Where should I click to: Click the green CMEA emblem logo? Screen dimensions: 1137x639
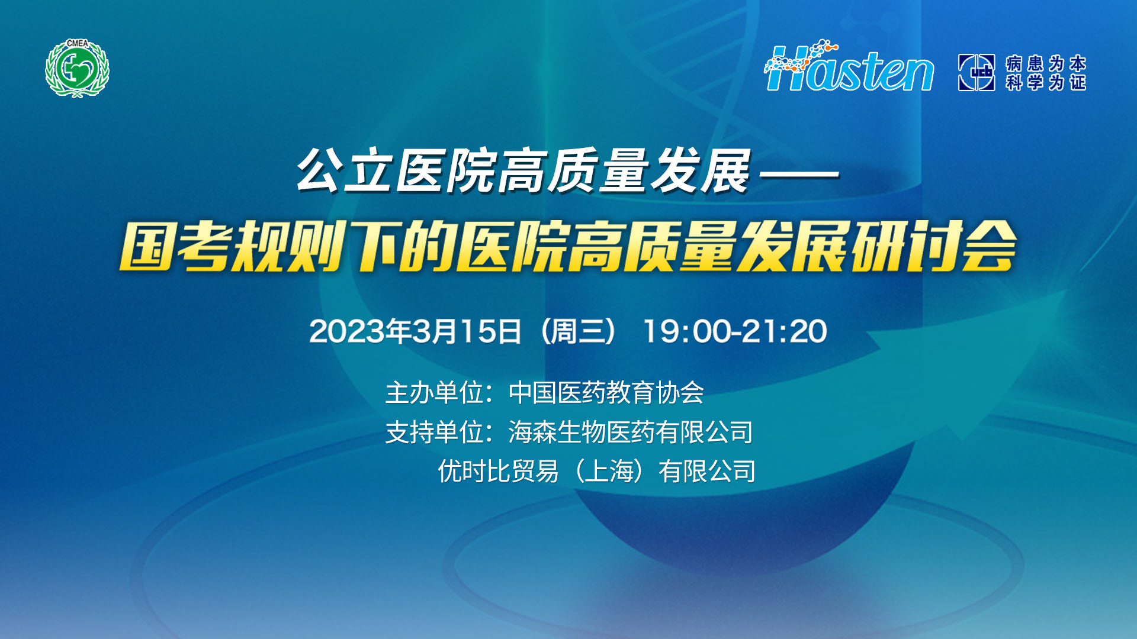point(78,68)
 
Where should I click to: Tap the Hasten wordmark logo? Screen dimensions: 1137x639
point(849,66)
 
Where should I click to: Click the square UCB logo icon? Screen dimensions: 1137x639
point(977,72)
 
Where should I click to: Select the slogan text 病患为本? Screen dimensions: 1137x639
point(1046,63)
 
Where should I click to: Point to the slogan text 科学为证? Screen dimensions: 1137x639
point(1046,82)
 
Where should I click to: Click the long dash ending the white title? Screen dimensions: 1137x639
point(799,175)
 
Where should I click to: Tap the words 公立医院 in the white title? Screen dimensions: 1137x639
point(396,171)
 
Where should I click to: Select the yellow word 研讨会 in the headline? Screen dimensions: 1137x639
point(934,246)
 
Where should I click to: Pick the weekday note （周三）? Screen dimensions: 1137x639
point(579,331)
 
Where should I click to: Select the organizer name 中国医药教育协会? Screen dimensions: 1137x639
point(606,393)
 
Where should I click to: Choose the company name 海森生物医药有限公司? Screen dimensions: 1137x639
point(631,432)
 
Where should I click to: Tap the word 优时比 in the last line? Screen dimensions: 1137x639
point(474,472)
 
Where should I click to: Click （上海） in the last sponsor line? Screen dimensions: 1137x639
point(608,472)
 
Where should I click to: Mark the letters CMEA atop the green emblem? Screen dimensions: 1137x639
point(78,43)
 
